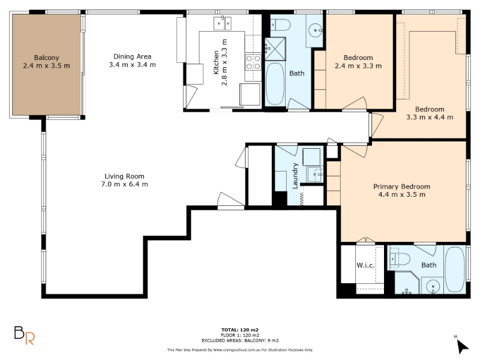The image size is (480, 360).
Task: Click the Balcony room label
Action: [47, 58]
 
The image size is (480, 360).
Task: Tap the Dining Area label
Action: [132, 56]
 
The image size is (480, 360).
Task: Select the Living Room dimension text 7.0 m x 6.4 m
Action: [125, 184]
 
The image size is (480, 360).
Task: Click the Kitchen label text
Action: [216, 62]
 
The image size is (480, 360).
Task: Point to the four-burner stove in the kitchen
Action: [253, 62]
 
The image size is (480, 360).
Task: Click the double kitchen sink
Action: [223, 23]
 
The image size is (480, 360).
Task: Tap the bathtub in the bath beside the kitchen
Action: [275, 84]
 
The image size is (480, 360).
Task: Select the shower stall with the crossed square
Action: [275, 49]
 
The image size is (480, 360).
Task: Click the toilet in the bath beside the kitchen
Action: [281, 25]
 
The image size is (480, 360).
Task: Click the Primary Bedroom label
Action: [401, 187]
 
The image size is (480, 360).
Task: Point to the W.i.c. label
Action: [365, 265]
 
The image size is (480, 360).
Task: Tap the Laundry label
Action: [295, 176]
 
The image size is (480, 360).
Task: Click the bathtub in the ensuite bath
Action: [455, 269]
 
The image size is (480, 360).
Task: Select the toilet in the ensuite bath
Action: [400, 260]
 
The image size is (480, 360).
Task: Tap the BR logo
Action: [25, 335]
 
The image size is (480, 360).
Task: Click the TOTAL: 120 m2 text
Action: [240, 329]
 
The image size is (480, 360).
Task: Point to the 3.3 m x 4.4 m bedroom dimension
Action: [430, 117]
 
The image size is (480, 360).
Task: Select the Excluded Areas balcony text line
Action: [240, 340]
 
